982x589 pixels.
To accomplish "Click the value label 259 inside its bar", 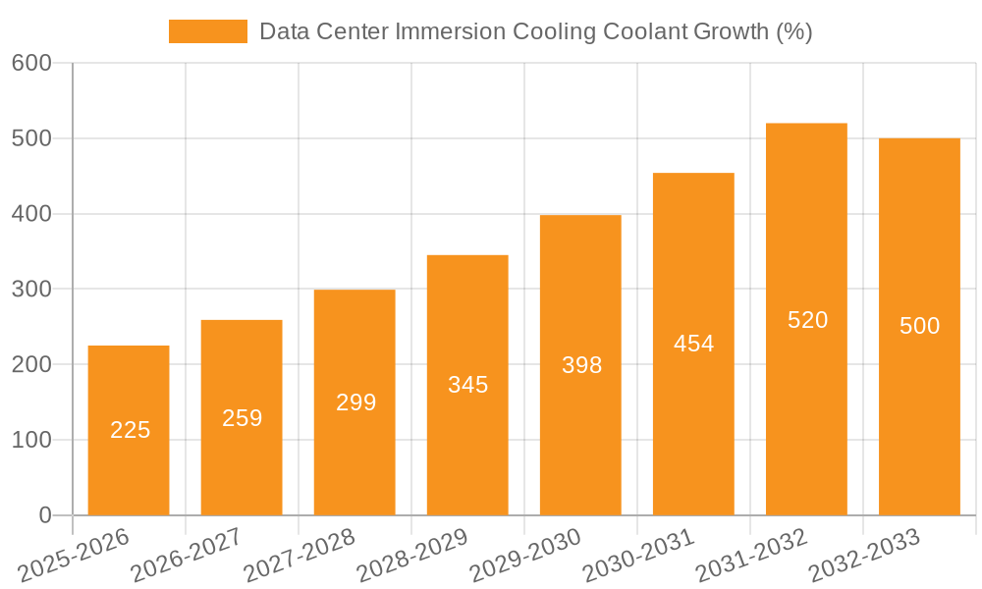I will click(242, 418).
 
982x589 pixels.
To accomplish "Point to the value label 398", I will click(581, 365).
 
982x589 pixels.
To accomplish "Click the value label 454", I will click(693, 344).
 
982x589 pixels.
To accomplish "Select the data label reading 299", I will click(355, 402).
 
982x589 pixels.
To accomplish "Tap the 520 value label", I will click(807, 320).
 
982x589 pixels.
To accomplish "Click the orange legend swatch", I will click(207, 31).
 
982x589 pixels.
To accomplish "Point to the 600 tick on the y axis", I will click(31, 63).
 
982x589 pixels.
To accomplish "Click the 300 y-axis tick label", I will click(31, 289).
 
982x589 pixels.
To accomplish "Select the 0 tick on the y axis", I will click(44, 515).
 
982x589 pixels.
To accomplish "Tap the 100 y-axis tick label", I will click(31, 440).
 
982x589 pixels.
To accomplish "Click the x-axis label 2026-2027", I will click(186, 555).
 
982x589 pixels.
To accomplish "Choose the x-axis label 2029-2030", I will click(525, 555).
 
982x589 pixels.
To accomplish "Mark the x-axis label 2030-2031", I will click(638, 555).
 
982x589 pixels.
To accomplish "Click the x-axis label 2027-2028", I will click(299, 555).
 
